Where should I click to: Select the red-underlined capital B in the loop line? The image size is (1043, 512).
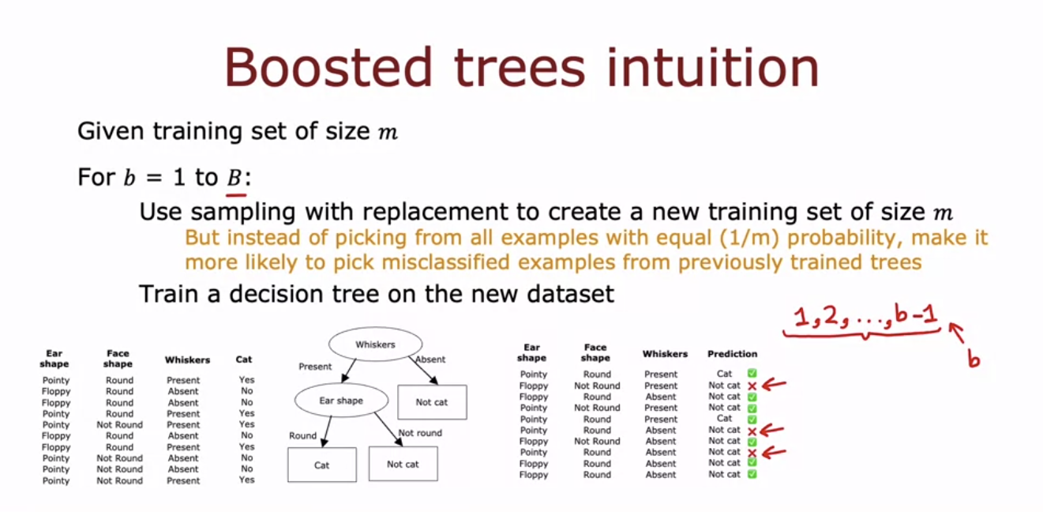[234, 178]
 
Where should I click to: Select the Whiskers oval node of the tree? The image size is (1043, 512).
[374, 345]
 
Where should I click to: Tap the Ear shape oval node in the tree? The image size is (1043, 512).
[340, 401]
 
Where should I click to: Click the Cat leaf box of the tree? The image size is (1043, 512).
[321, 465]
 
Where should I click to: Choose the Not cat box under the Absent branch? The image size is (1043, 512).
[431, 402]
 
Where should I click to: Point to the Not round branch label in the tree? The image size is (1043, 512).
[420, 433]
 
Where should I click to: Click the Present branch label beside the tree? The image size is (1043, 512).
[314, 367]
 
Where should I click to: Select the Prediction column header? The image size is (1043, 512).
[732, 354]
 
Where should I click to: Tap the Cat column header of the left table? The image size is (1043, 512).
[244, 360]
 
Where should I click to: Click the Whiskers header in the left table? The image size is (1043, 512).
[187, 360]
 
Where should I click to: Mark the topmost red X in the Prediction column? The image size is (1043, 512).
[752, 386]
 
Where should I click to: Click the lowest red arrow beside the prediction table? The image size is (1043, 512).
[775, 453]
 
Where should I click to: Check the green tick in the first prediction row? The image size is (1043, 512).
[752, 374]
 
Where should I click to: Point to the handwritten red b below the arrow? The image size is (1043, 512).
[974, 360]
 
